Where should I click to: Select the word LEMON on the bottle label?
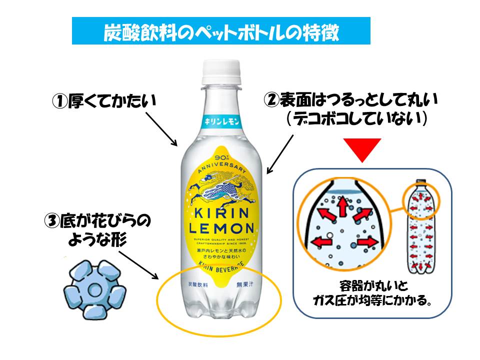(x=221, y=228)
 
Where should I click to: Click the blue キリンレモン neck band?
(x=221, y=121)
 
